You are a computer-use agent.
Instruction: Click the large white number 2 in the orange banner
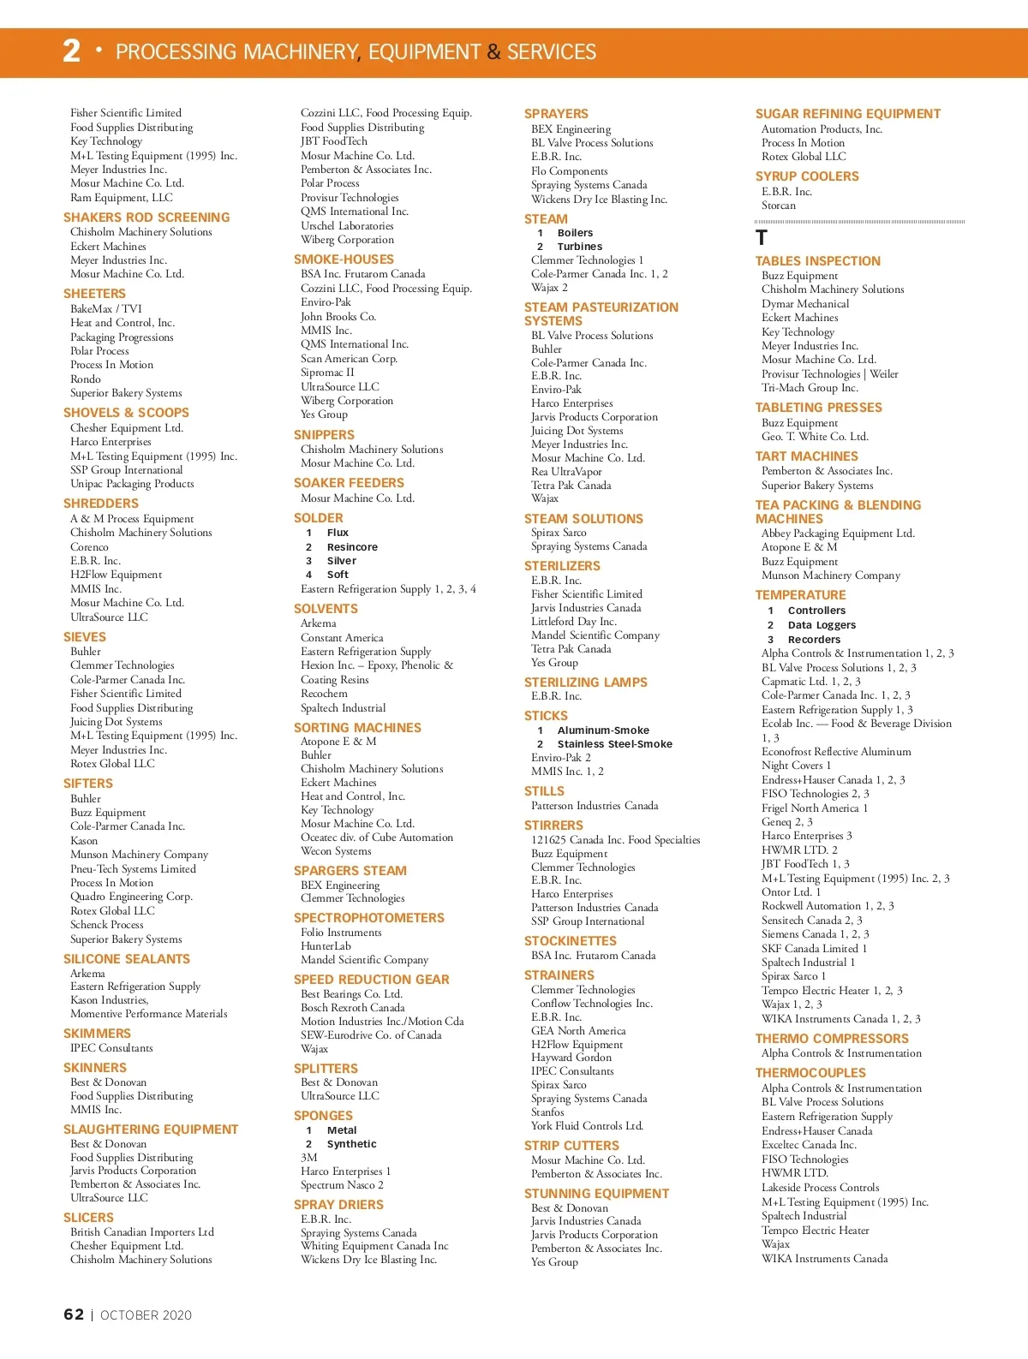pyautogui.click(x=72, y=51)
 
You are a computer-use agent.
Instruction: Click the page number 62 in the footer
pyautogui.click(x=74, y=1314)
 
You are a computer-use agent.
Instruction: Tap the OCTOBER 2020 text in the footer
pyautogui.click(x=146, y=1315)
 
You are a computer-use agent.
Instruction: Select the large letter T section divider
pyautogui.click(x=762, y=238)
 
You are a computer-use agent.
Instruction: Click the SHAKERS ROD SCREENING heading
pyautogui.click(x=146, y=218)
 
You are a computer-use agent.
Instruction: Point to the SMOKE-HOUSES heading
pyautogui.click(x=344, y=259)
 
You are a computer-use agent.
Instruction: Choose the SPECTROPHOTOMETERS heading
pyautogui.click(x=368, y=918)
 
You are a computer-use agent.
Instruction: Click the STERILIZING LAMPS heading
pyautogui.click(x=585, y=682)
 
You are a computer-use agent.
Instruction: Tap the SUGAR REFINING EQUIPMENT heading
pyautogui.click(x=847, y=114)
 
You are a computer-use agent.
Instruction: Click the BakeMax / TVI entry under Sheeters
pyautogui.click(x=106, y=309)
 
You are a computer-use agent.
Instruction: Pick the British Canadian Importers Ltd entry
pyautogui.click(x=141, y=1232)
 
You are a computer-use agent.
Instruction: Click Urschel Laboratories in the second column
pyautogui.click(x=347, y=226)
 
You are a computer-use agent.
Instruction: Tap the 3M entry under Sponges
pyautogui.click(x=309, y=1158)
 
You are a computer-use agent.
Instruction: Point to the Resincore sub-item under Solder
pyautogui.click(x=351, y=547)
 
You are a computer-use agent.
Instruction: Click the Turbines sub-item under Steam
pyautogui.click(x=579, y=247)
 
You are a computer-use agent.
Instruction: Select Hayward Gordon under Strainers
pyautogui.click(x=571, y=1058)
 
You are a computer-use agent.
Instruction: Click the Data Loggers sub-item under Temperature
pyautogui.click(x=822, y=625)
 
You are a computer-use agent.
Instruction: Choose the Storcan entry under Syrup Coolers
pyautogui.click(x=778, y=206)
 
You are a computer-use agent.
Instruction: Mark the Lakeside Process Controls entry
pyautogui.click(x=820, y=1188)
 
